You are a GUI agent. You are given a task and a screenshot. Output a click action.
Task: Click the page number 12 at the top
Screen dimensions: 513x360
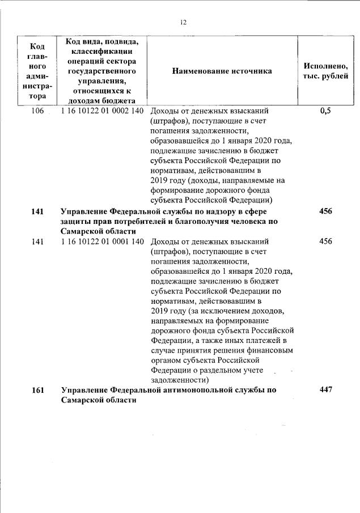183,23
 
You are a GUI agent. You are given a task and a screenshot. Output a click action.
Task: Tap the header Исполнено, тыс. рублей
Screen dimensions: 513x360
325,71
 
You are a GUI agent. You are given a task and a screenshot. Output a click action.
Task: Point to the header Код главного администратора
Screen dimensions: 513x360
37,71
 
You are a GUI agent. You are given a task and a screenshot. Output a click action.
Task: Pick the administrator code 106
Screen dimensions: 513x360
37,111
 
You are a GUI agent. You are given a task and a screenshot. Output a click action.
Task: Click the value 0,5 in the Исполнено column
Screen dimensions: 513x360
325,111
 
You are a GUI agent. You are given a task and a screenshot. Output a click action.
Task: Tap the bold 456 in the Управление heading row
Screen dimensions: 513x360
325,211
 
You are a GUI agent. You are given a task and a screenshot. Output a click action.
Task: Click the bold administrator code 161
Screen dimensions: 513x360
37,390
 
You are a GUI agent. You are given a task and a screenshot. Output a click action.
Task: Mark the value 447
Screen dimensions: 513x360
325,390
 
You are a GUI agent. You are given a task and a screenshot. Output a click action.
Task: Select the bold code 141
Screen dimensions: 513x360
37,211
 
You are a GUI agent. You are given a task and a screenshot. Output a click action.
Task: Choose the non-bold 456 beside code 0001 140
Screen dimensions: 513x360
325,241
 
